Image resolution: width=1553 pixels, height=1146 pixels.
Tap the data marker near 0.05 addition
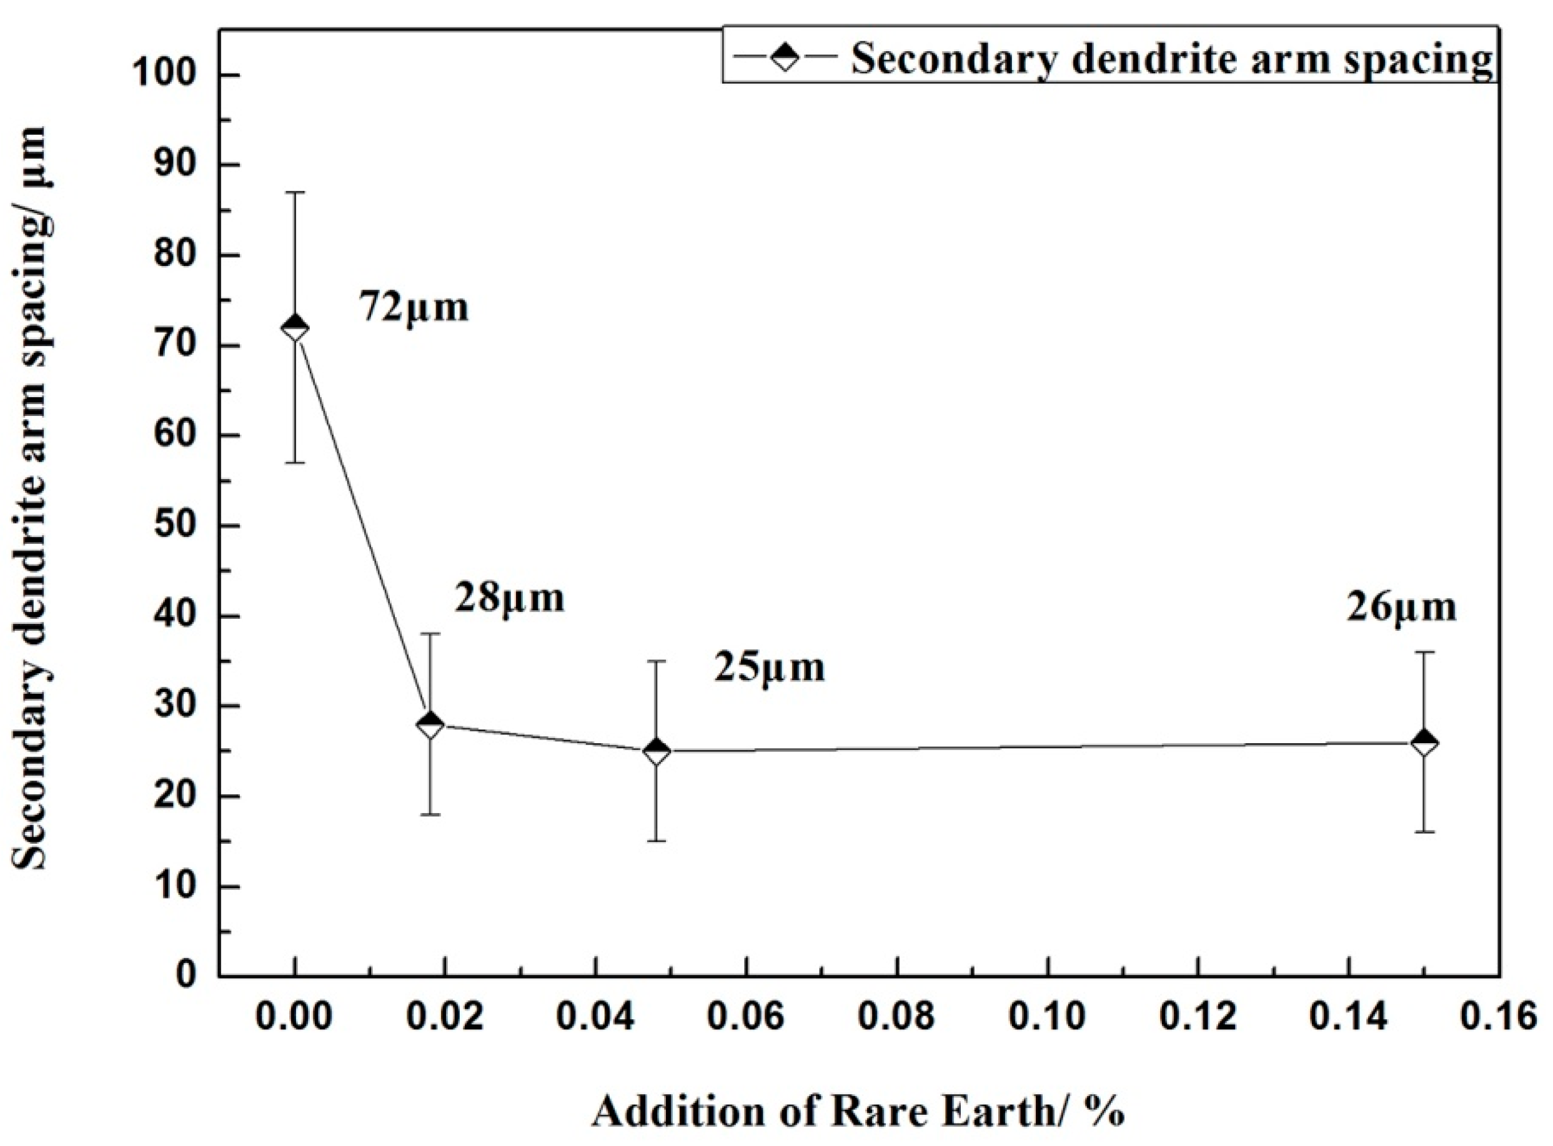click(657, 751)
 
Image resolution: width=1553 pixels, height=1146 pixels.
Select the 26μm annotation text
click(1402, 608)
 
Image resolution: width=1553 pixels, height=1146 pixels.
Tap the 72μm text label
click(414, 307)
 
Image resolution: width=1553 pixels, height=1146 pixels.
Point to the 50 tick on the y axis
click(177, 526)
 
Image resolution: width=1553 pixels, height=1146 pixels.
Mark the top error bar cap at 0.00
click(295, 192)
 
